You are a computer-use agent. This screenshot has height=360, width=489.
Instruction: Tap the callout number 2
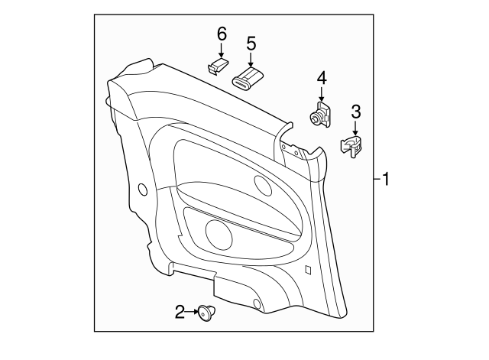(180, 311)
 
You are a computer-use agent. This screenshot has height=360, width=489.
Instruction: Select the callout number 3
(356, 113)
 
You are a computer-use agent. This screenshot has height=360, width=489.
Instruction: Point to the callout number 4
(322, 78)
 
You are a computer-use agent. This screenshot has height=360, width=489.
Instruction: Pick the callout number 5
(251, 44)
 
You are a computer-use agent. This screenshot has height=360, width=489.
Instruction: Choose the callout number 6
(222, 34)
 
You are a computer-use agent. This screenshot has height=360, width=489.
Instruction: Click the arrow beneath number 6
(222, 52)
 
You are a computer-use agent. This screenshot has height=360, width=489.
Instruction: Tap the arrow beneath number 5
(251, 61)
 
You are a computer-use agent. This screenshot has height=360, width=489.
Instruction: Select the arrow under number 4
(322, 95)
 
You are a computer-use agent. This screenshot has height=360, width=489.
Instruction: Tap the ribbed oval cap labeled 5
(247, 78)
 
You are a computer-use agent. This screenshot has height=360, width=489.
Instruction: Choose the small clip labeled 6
(217, 67)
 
